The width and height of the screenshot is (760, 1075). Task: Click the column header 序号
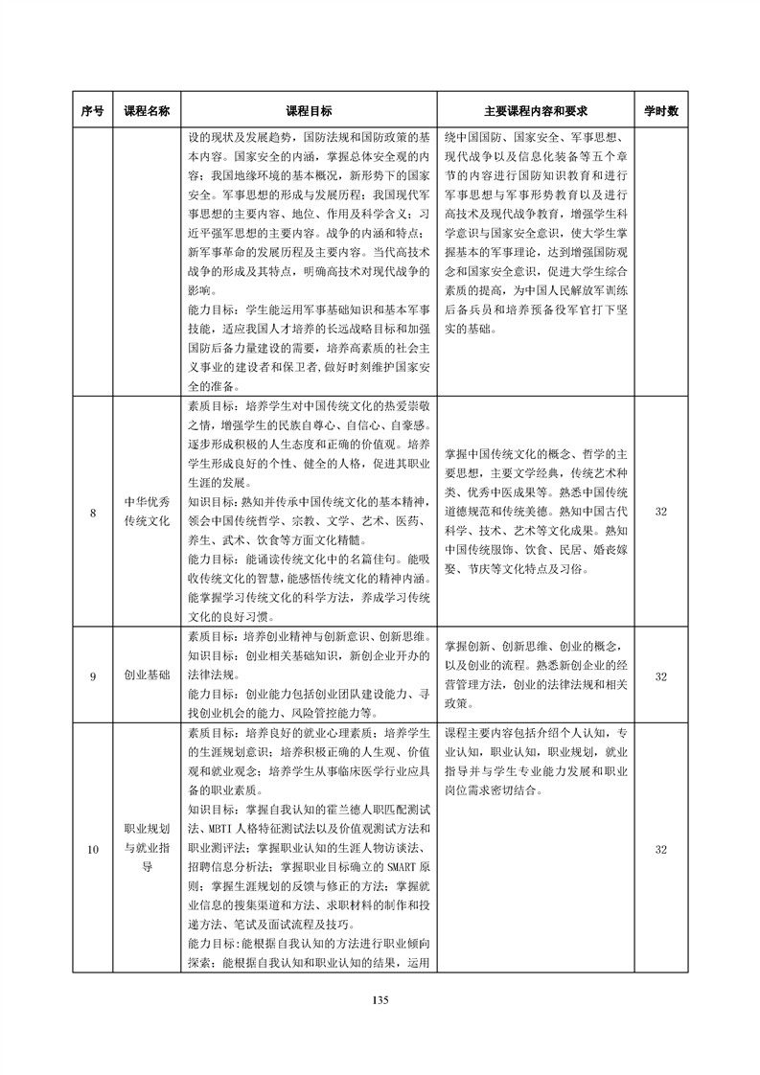coord(92,111)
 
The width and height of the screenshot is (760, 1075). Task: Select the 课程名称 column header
coord(147,111)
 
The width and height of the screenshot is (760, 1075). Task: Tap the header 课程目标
coord(310,111)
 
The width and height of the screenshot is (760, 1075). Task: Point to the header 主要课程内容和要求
coord(536,111)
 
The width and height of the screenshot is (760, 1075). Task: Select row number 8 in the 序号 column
coord(92,514)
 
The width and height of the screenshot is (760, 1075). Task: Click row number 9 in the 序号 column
coord(92,676)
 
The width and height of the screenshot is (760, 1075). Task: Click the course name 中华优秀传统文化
coord(147,514)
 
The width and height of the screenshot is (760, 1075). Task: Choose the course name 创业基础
coord(147,676)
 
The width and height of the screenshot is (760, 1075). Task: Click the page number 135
coord(380,1000)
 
